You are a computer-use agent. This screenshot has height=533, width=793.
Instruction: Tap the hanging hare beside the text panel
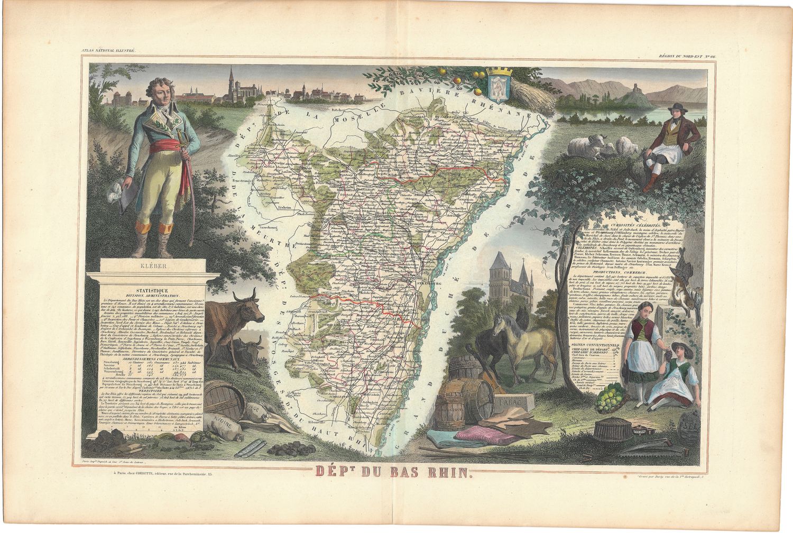678,296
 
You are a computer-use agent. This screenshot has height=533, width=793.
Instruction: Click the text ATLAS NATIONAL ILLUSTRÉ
109,50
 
